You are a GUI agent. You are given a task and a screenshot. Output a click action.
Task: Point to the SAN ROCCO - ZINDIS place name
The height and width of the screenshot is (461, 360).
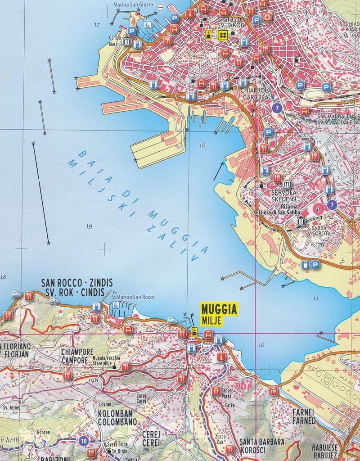coord(76,283)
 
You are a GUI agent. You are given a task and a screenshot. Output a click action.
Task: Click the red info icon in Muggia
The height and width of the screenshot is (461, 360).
coord(220,357)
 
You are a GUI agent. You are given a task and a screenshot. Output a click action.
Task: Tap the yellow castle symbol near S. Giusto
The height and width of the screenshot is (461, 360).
coord(222,35)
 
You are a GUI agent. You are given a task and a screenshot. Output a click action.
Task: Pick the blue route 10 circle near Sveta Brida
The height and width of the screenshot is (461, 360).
coord(83,441)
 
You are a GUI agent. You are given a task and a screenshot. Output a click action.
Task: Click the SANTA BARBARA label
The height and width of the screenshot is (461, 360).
coord(262,442)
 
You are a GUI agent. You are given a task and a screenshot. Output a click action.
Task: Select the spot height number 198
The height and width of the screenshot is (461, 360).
coord(94,381)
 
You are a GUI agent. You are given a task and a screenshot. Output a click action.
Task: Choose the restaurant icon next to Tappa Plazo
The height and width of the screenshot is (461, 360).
coord(216,390)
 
